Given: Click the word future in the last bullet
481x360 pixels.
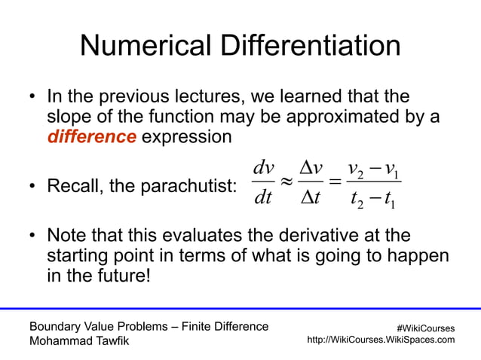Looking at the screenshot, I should tap(122, 275).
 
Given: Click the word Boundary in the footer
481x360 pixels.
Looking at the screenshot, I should tap(55, 326).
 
